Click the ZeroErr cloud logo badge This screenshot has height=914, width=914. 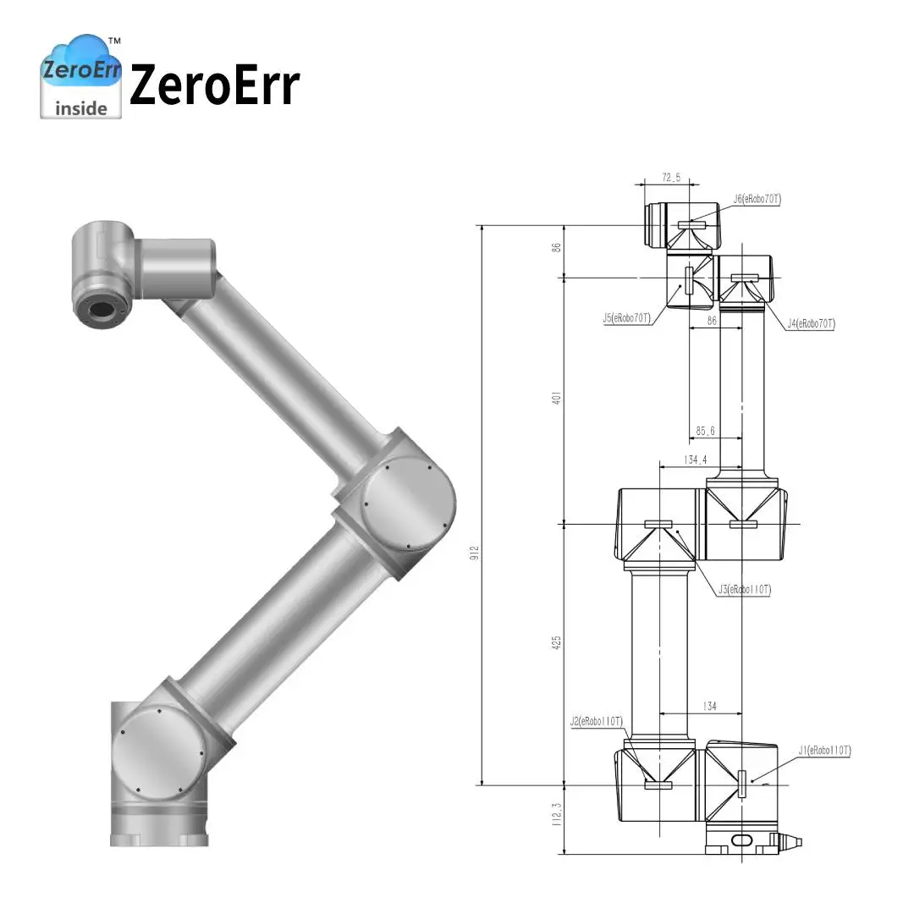(x=81, y=76)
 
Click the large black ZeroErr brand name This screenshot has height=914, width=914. (x=214, y=85)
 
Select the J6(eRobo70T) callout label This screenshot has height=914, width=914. (x=757, y=200)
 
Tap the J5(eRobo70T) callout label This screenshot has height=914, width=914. (x=626, y=318)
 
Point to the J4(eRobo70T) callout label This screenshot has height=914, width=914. (x=811, y=323)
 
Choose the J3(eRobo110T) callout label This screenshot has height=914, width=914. (x=746, y=589)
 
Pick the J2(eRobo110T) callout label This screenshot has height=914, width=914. (x=597, y=721)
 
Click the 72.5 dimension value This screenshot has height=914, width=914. (x=670, y=178)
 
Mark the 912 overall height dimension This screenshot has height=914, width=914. (x=476, y=552)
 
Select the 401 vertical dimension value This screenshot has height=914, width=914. (x=556, y=399)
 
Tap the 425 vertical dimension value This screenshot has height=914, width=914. (x=556, y=642)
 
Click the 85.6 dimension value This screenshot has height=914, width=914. (x=706, y=432)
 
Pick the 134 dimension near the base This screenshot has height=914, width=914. (x=708, y=707)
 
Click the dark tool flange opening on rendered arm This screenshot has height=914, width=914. (x=102, y=311)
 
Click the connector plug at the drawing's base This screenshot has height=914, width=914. (x=792, y=842)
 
